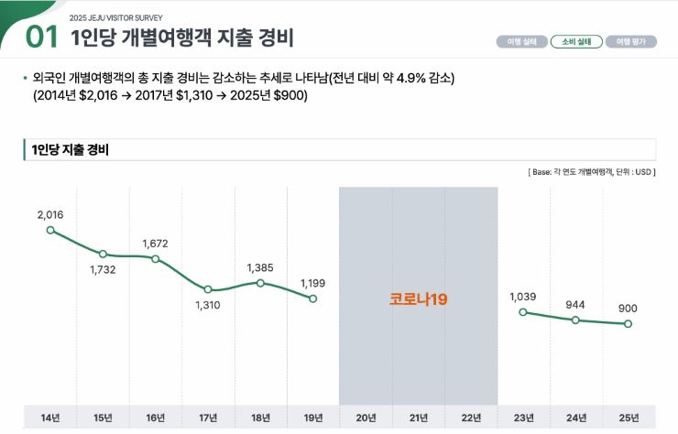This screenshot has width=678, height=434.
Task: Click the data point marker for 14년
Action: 50,230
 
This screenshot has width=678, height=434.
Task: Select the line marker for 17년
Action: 208,289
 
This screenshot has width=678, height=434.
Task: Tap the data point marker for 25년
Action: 629,323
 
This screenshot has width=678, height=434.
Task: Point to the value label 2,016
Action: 50,214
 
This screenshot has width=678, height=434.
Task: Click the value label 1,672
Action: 156,244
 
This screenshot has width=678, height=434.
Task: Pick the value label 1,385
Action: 260,267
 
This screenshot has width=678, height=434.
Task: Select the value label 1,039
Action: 523,297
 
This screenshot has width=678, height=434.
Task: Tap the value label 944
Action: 575,304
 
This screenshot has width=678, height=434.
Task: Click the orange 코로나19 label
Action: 419,299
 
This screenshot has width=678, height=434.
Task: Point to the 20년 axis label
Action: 366,418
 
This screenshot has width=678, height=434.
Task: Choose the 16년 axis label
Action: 156,418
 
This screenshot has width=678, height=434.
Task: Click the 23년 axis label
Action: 523,418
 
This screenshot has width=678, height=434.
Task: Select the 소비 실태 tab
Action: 575,41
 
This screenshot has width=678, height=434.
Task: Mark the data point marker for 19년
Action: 313,298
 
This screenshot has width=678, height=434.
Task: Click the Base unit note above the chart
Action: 592,172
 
